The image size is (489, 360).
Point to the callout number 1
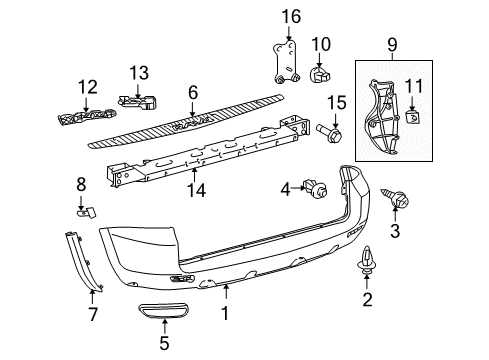tap(226, 315)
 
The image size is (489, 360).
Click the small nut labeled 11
tap(412, 117)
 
